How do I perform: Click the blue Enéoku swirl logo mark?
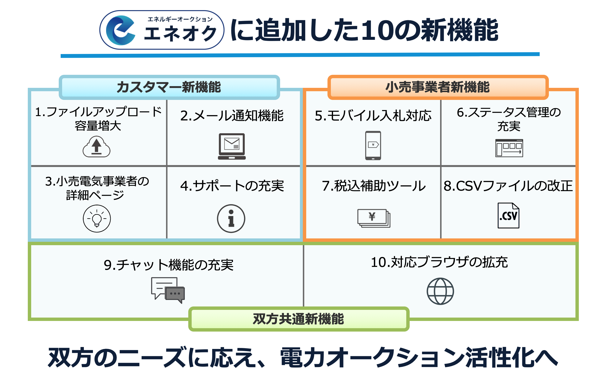click(120, 30)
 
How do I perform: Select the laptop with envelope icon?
click(232, 146)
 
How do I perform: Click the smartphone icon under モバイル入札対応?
click(373, 145)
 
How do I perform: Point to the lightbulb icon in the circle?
click(97, 218)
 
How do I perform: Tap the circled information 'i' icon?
click(231, 218)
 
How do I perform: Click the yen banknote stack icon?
click(373, 218)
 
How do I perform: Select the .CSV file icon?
click(508, 215)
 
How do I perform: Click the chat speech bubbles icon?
click(168, 290)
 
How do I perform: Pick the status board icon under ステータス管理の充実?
click(509, 148)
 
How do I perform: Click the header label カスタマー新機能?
click(169, 87)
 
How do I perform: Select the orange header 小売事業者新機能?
click(437, 87)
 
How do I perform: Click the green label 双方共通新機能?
click(298, 319)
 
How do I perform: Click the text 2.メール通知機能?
click(232, 116)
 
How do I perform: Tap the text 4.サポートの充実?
click(232, 186)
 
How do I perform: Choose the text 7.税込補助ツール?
click(373, 186)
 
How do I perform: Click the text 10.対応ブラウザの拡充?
click(439, 262)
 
